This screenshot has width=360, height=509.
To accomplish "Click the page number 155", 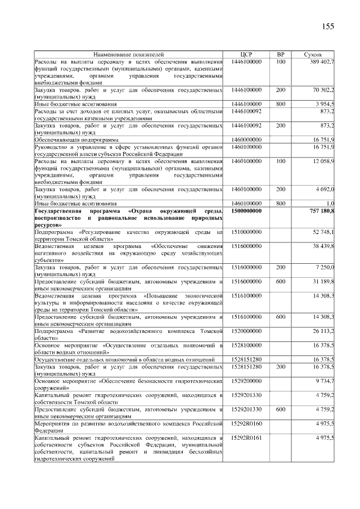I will coord(328,27).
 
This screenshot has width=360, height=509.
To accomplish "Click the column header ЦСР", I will coord(246,54).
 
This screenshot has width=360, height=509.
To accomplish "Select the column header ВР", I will coord(281,54).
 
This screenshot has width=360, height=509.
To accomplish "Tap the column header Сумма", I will coord(313,54).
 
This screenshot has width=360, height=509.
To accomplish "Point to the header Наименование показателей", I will coord(129,54).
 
